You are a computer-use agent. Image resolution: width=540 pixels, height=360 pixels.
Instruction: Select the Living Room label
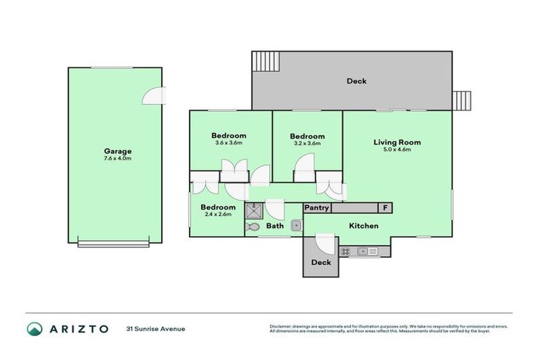point(397,142)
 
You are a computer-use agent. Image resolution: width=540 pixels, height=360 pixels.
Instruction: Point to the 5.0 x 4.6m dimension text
point(397,150)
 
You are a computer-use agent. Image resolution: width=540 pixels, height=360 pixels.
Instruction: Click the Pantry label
point(316,208)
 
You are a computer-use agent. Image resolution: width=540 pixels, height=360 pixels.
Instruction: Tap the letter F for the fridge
point(385,208)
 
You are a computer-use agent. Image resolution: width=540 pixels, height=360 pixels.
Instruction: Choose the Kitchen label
point(364,226)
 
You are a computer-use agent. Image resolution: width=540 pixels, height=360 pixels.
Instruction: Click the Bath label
point(274,226)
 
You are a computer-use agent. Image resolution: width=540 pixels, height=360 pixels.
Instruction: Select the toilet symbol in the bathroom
point(252,226)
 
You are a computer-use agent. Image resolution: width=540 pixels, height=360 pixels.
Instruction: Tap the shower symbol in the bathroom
point(252,210)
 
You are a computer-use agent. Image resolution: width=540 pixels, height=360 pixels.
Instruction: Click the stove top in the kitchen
point(345,251)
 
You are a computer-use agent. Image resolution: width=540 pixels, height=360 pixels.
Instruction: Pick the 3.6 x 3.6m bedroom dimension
point(229,143)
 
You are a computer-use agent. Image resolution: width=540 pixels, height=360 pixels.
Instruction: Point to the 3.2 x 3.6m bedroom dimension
point(307,143)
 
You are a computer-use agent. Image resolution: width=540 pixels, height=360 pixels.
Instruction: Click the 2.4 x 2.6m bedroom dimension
point(217,214)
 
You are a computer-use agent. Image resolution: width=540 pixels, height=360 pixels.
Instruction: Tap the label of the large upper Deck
point(356,81)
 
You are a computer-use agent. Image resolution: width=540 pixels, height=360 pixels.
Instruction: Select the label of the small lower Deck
point(321,262)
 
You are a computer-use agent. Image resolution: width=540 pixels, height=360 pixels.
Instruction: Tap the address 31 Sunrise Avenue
point(155,328)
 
